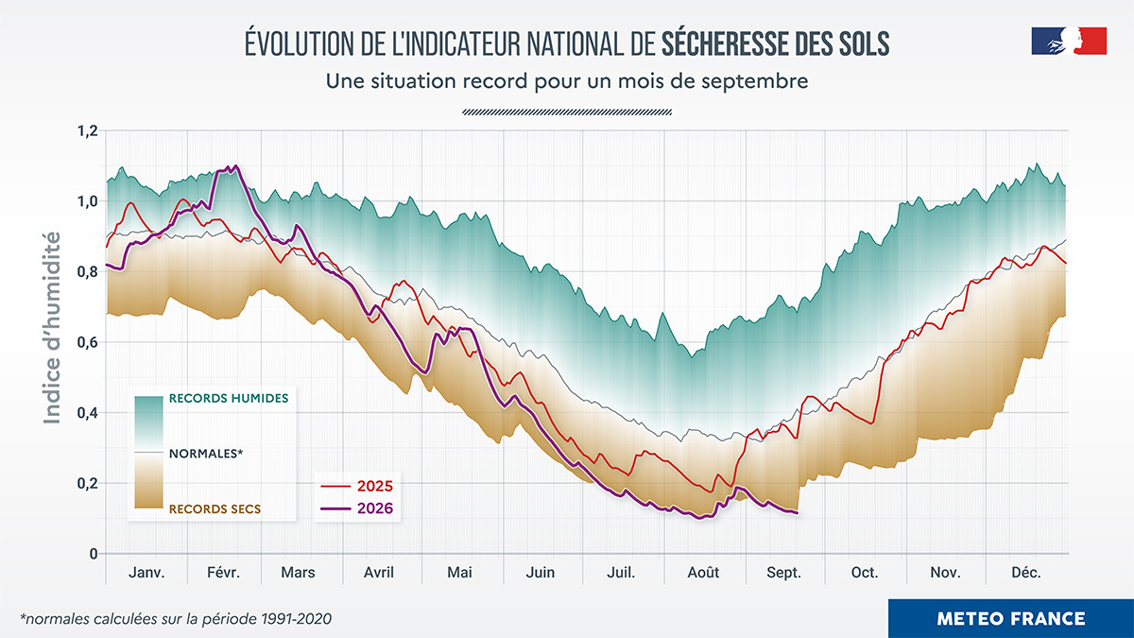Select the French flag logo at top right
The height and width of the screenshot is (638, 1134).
pos(1069,41)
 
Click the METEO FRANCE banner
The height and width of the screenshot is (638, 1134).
pos(1011,618)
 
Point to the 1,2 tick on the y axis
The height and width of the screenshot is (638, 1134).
pos(87,131)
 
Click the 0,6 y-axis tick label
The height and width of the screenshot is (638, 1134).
pos(87,343)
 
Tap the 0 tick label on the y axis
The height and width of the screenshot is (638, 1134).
pos(94,554)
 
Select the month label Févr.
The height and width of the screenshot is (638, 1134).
pos(223,573)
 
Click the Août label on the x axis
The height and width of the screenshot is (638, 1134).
pos(703,573)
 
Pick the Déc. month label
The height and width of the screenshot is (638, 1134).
pos(1026,573)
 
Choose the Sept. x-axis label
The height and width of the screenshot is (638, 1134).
pos(783,573)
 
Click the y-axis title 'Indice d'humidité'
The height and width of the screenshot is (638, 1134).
pos(52,328)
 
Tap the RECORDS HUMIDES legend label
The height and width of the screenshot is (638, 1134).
pos(229,399)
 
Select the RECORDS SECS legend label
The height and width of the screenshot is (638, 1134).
pos(215,509)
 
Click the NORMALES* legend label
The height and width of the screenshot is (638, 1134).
pos(206,454)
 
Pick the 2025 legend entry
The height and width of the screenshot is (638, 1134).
pos(357,486)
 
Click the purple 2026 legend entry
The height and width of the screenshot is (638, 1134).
pos(357,508)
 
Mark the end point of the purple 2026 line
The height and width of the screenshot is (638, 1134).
pos(798,513)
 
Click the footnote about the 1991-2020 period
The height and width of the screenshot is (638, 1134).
pos(176,619)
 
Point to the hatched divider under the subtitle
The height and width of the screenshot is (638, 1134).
pos(567,112)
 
